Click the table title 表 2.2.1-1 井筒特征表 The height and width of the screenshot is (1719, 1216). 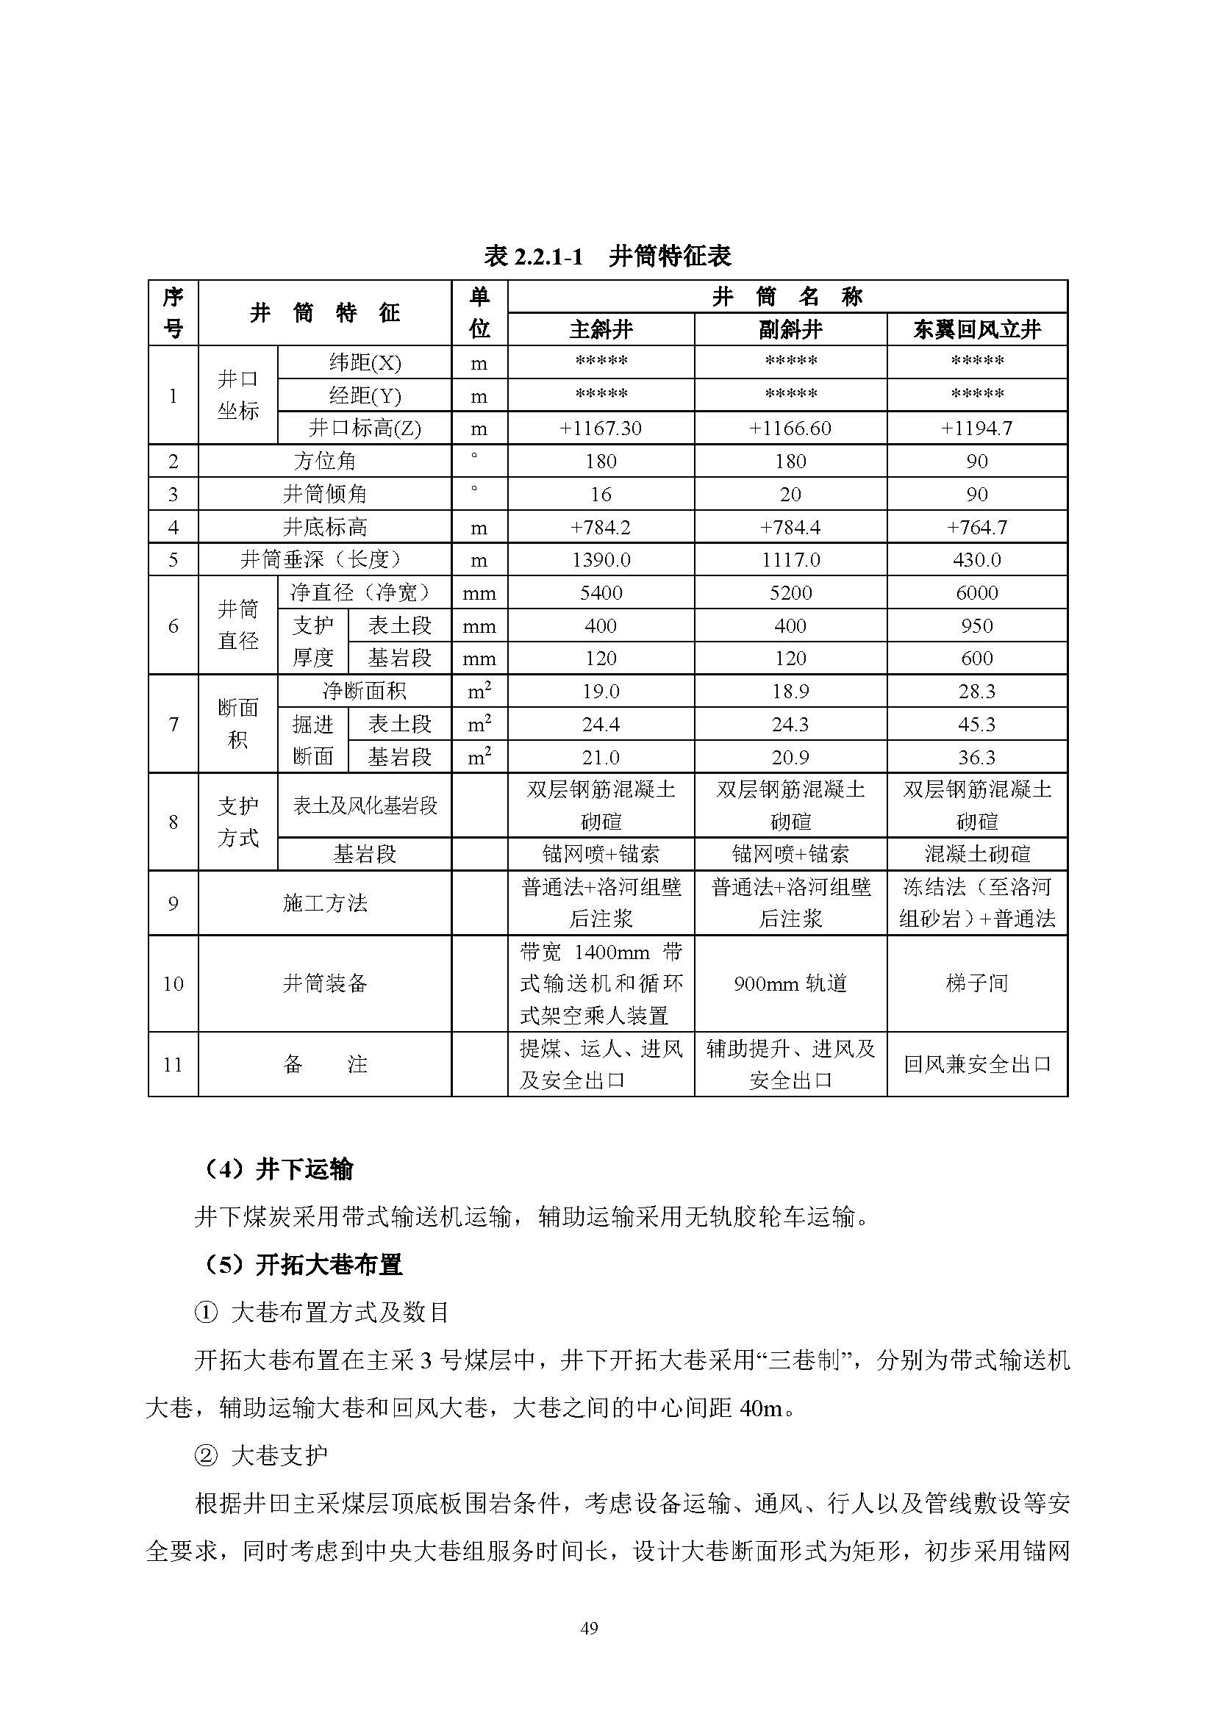click(607, 256)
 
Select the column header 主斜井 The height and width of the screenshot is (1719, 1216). click(601, 329)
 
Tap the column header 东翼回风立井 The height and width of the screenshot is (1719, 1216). click(976, 329)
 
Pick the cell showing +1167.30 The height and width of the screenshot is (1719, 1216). click(601, 428)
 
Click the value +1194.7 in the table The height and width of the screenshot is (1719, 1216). click(976, 428)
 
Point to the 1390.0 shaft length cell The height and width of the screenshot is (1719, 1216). click(601, 560)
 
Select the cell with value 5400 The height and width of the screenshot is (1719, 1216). click(601, 593)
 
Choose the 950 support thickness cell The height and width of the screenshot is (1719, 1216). click(976, 626)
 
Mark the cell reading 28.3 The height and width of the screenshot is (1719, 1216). click(976, 691)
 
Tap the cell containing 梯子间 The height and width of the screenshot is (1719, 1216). click(976, 983)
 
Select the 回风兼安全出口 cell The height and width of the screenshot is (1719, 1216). click(976, 1064)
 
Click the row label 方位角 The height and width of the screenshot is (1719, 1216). click(324, 462)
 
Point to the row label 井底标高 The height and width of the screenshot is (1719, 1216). click(324, 527)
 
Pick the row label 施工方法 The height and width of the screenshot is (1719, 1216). click(324, 903)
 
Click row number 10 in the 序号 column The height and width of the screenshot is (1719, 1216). click(173, 983)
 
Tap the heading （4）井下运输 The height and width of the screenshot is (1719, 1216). click(277, 1169)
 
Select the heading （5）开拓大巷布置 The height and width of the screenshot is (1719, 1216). click(301, 1266)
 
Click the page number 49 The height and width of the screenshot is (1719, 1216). click(590, 1628)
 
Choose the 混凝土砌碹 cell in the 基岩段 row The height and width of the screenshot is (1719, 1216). click(976, 853)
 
